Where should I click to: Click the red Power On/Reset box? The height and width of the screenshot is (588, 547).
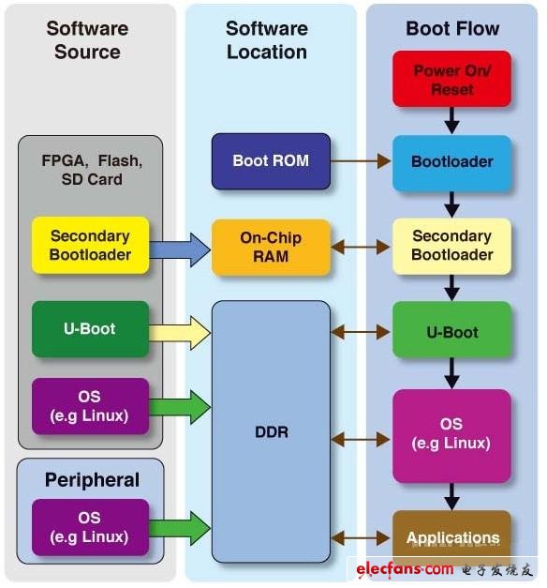click(x=452, y=80)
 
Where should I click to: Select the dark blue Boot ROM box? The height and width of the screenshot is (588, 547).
click(x=271, y=160)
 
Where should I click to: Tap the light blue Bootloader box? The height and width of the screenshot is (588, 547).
click(x=452, y=161)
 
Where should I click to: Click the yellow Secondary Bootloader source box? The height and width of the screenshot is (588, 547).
click(x=90, y=246)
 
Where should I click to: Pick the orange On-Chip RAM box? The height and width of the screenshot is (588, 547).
click(x=271, y=248)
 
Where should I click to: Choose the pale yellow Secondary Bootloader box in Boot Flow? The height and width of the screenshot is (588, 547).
click(x=452, y=246)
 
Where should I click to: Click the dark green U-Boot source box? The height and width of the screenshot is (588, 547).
click(x=90, y=329)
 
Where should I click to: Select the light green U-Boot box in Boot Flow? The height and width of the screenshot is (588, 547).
click(x=452, y=332)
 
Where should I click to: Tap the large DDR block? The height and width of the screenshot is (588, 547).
click(x=271, y=431)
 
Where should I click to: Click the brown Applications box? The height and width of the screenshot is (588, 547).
click(x=452, y=537)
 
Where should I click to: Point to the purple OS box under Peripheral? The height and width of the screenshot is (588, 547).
click(x=90, y=527)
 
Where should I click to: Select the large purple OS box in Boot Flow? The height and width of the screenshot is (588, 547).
click(x=452, y=433)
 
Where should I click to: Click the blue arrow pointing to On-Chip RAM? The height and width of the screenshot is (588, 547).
click(x=180, y=249)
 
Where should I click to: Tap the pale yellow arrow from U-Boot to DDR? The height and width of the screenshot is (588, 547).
click(x=180, y=331)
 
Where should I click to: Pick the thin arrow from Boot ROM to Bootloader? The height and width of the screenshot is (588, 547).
click(x=360, y=161)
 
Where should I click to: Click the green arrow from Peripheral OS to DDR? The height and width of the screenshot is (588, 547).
click(x=180, y=527)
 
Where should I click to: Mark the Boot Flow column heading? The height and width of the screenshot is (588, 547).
click(x=452, y=29)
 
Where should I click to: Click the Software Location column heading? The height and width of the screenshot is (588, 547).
click(x=266, y=40)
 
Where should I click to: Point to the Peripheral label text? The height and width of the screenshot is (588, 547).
click(x=92, y=480)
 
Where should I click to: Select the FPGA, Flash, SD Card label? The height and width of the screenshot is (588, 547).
click(x=90, y=170)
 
